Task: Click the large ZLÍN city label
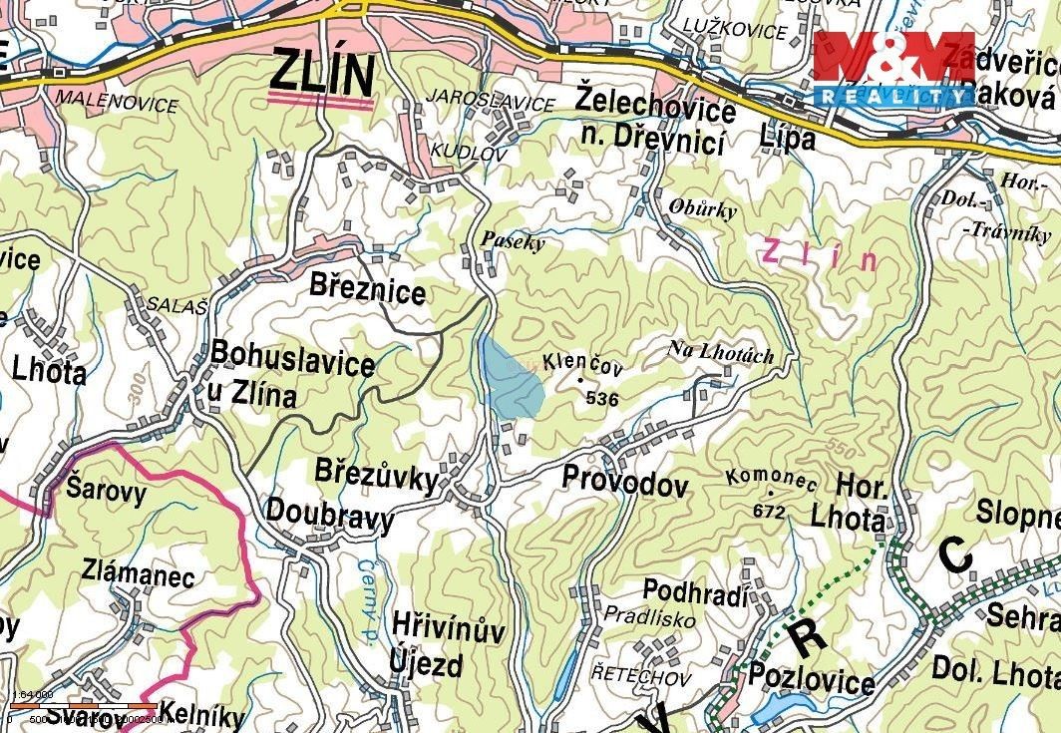(321, 75)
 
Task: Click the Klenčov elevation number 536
(602, 399)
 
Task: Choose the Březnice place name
(367, 291)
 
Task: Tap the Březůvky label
(376, 476)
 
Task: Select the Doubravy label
(329, 517)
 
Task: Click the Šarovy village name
(106, 490)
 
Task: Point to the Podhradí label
(695, 591)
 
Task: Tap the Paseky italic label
(513, 240)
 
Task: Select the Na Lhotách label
(721, 351)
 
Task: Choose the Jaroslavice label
(490, 103)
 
